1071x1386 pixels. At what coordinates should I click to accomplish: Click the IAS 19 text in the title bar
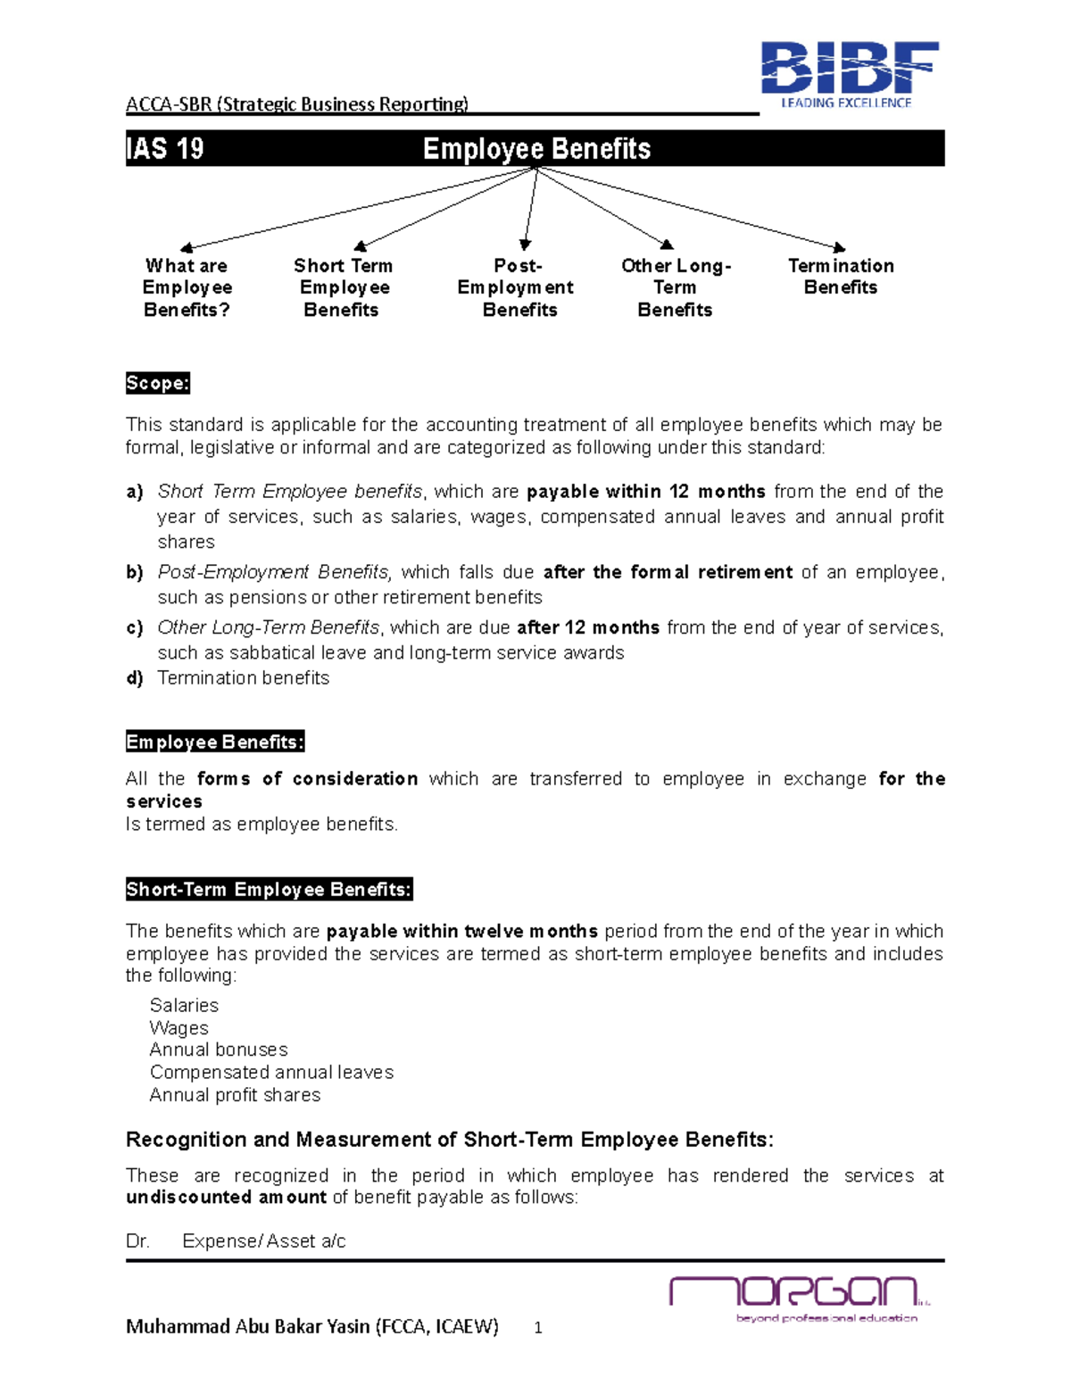tap(165, 148)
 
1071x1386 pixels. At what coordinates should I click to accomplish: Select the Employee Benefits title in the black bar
tap(536, 148)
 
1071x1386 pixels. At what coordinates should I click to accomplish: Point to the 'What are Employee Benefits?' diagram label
tap(187, 287)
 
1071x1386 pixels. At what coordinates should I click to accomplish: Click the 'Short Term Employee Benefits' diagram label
tap(343, 287)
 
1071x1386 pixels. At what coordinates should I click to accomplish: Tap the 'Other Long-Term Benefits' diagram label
tap(676, 287)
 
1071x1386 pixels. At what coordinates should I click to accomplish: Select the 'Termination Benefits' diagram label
tap(840, 277)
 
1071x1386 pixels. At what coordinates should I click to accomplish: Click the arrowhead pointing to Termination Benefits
tap(838, 248)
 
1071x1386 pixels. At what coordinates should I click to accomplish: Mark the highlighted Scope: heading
tap(157, 384)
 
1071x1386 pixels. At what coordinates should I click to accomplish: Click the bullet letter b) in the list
tap(135, 572)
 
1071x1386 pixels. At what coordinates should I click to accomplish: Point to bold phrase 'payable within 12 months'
tap(645, 492)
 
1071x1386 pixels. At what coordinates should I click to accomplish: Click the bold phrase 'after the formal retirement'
tap(668, 572)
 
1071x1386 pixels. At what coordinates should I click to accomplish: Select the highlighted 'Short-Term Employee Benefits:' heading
tap(269, 890)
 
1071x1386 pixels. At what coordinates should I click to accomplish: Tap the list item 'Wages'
tap(179, 1028)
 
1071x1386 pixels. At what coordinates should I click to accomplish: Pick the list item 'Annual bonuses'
tap(219, 1050)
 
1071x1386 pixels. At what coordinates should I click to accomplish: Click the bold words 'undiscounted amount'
tap(226, 1198)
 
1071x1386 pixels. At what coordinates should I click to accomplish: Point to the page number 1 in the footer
tap(538, 1328)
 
